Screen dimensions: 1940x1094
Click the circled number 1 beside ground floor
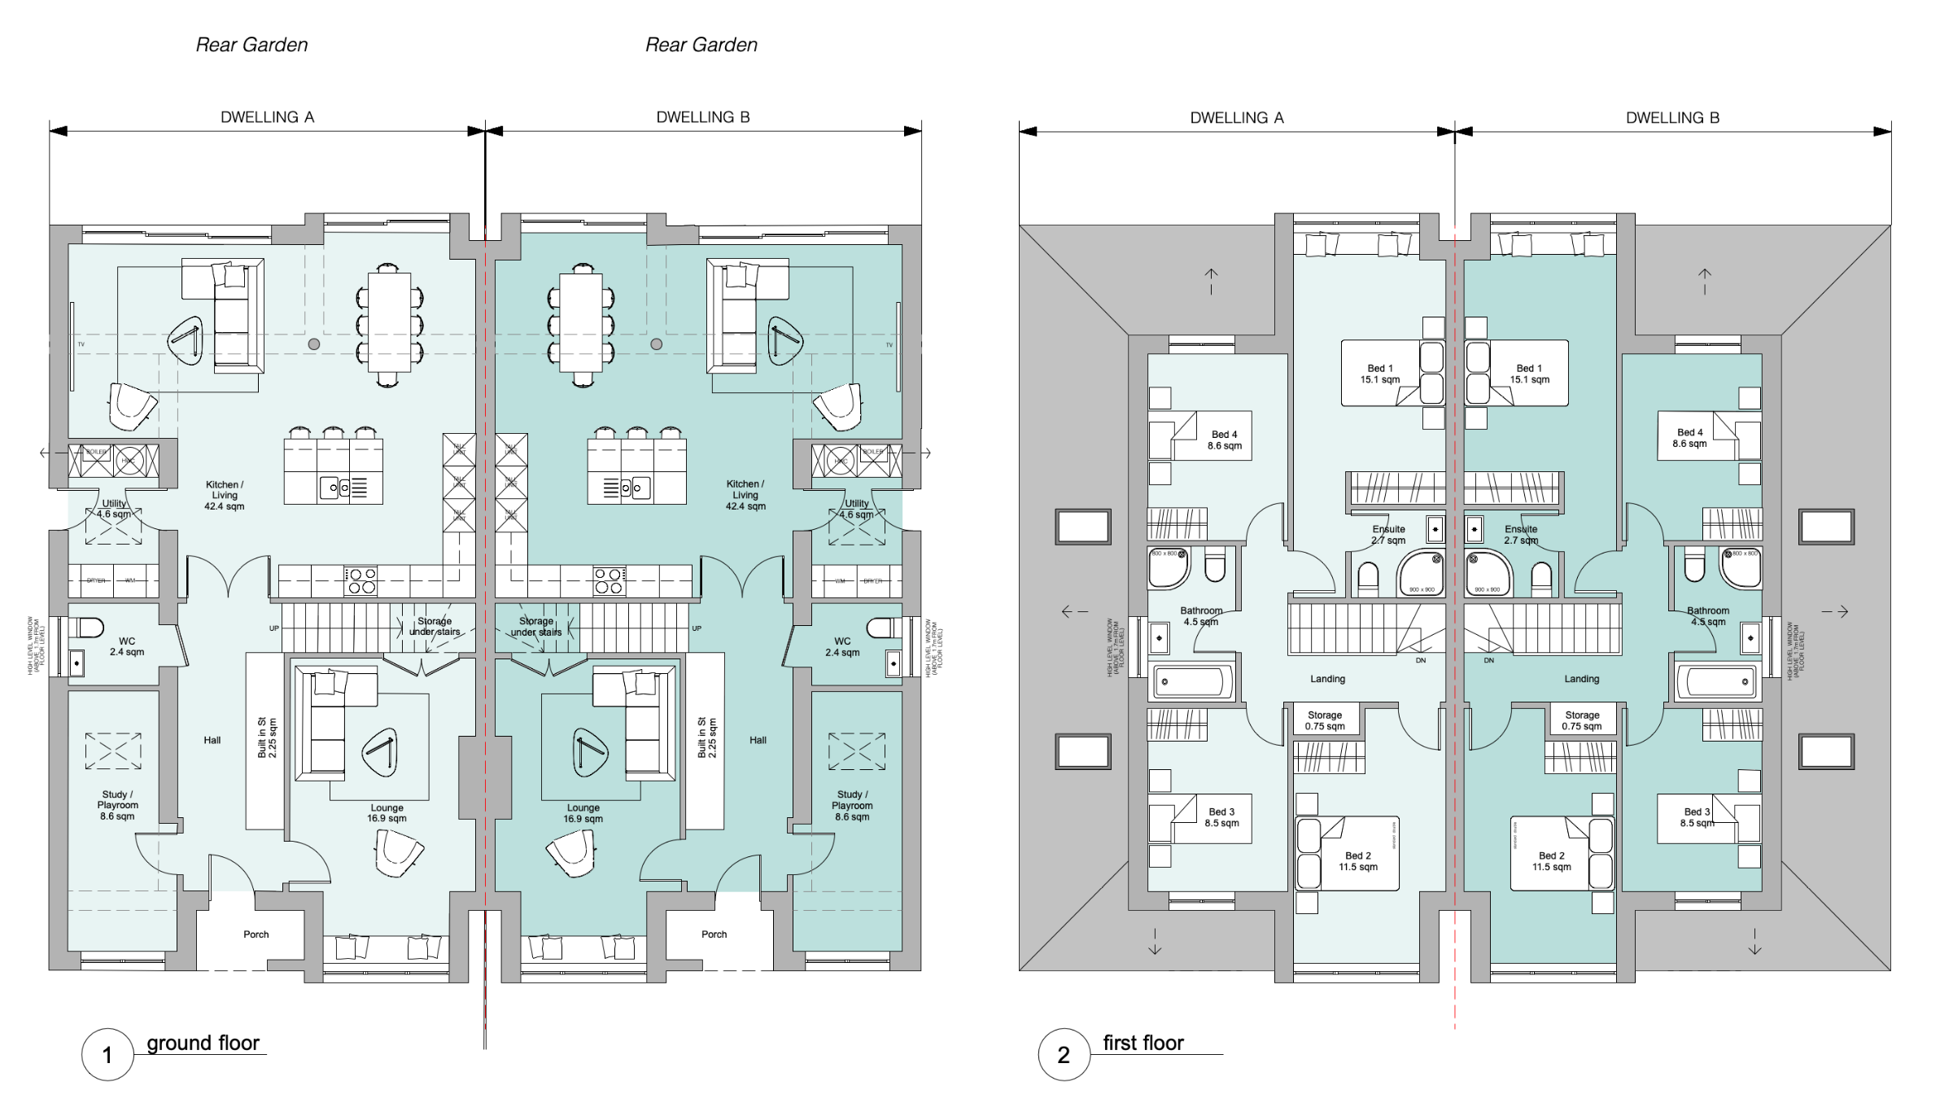pyautogui.click(x=107, y=1055)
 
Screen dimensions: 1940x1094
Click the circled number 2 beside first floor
pyautogui.click(x=1063, y=1055)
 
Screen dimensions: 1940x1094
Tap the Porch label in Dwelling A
pyautogui.click(x=256, y=934)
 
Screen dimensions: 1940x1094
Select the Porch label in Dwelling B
pyautogui.click(x=714, y=934)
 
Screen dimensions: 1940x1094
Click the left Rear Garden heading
pyautogui.click(x=251, y=45)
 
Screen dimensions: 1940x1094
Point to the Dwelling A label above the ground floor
pyautogui.click(x=267, y=117)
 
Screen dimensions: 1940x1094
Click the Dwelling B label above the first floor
pyautogui.click(x=1672, y=118)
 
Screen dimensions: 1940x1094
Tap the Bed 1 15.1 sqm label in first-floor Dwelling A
pyautogui.click(x=1380, y=374)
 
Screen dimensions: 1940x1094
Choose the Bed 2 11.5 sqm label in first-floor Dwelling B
pyautogui.click(x=1551, y=861)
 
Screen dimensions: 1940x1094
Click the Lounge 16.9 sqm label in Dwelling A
pyautogui.click(x=387, y=813)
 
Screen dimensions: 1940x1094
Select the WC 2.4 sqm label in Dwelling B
pyautogui.click(x=841, y=647)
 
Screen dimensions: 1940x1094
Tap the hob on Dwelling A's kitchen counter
pyautogui.click(x=361, y=580)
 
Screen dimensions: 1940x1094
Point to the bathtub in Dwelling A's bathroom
pyautogui.click(x=1192, y=682)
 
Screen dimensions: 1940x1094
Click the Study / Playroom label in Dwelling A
pyautogui.click(x=117, y=805)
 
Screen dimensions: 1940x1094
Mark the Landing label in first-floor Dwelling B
pyautogui.click(x=1581, y=679)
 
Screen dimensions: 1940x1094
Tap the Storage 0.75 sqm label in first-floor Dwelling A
pyautogui.click(x=1325, y=720)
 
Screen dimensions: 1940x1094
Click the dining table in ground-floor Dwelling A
pyautogui.click(x=388, y=322)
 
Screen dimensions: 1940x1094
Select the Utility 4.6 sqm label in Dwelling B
pyautogui.click(x=856, y=509)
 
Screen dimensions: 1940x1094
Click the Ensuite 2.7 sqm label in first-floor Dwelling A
pyautogui.click(x=1388, y=534)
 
